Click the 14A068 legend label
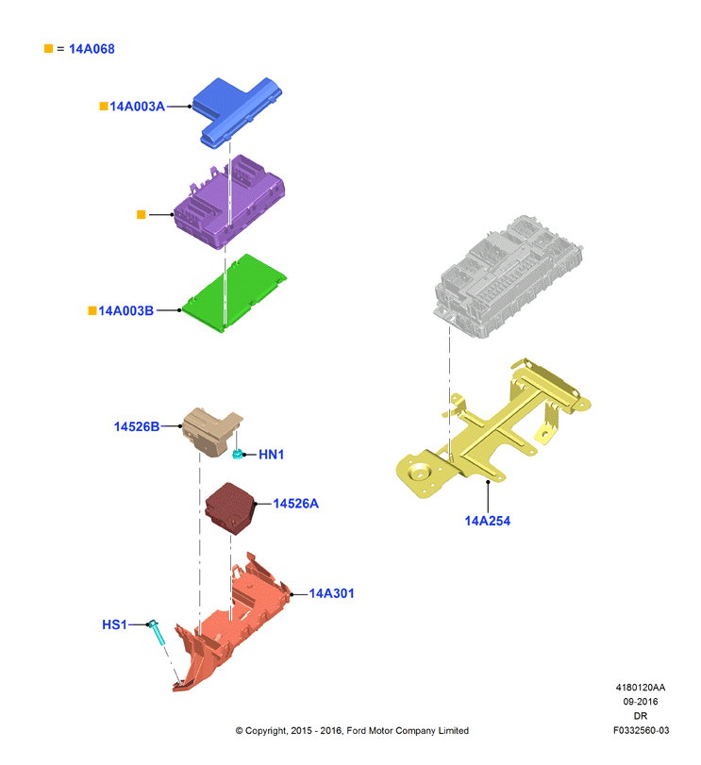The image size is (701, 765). click(x=92, y=49)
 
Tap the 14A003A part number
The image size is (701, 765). click(x=137, y=107)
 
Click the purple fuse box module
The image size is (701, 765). click(x=229, y=202)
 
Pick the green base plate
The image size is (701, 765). click(x=234, y=293)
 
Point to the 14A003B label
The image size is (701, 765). click(x=125, y=310)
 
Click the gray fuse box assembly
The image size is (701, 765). click(x=509, y=276)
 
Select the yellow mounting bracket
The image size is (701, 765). click(x=492, y=429)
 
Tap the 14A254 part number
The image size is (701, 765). click(x=488, y=521)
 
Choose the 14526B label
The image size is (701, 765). click(x=137, y=427)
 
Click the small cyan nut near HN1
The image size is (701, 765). click(x=238, y=455)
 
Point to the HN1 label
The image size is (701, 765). click(x=271, y=455)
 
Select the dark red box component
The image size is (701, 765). click(x=230, y=508)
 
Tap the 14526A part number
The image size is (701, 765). click(x=295, y=504)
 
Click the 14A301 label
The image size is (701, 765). click(x=332, y=593)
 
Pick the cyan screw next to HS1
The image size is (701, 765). click(x=157, y=632)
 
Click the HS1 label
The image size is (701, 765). click(x=114, y=625)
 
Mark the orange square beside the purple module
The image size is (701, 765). click(x=141, y=215)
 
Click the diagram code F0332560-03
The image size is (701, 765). click(x=641, y=730)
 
